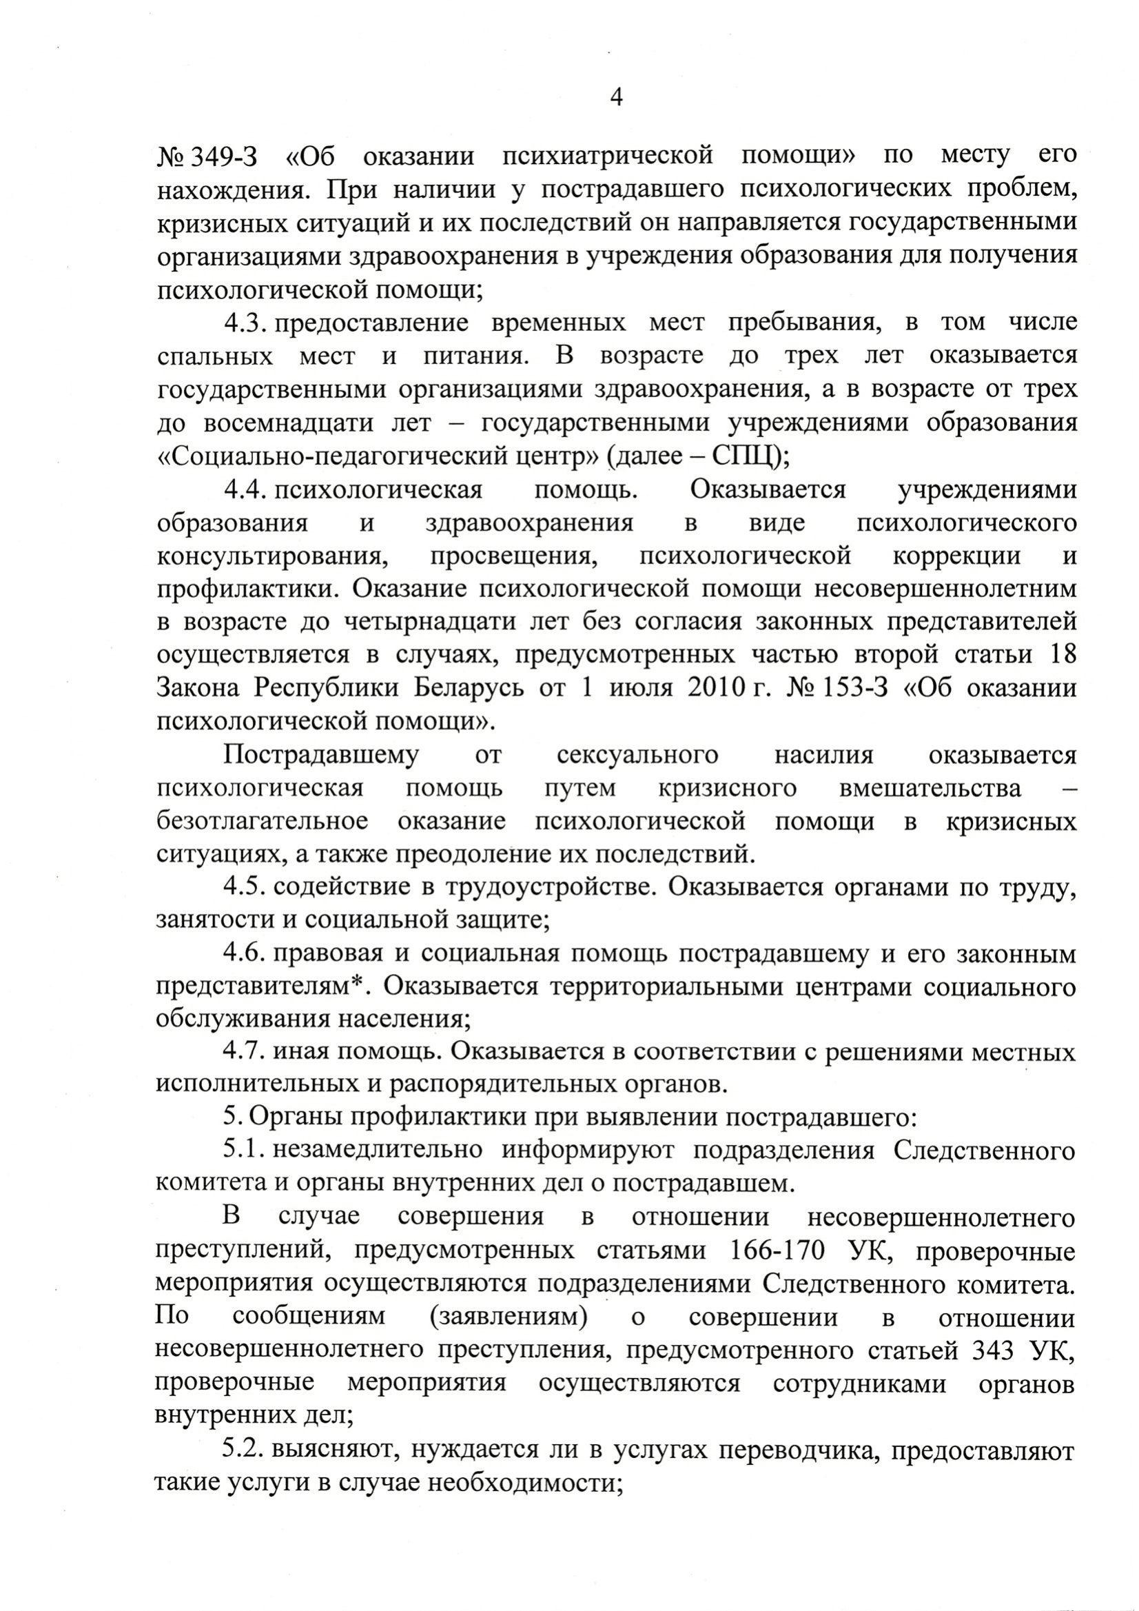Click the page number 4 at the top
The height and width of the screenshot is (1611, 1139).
[x=617, y=97]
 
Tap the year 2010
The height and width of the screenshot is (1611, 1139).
[x=714, y=688]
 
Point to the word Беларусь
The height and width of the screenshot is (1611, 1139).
[x=468, y=688]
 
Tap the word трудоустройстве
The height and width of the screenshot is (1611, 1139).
[x=551, y=887]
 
